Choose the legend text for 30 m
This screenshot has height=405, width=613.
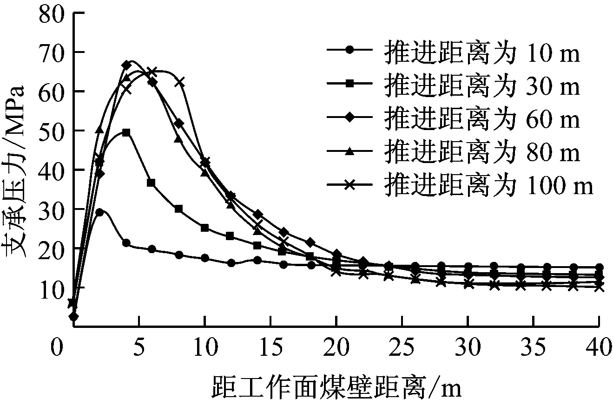(481, 87)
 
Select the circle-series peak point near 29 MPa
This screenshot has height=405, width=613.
(99, 212)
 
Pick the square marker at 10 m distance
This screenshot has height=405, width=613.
(205, 228)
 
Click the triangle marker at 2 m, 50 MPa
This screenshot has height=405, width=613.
(99, 130)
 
